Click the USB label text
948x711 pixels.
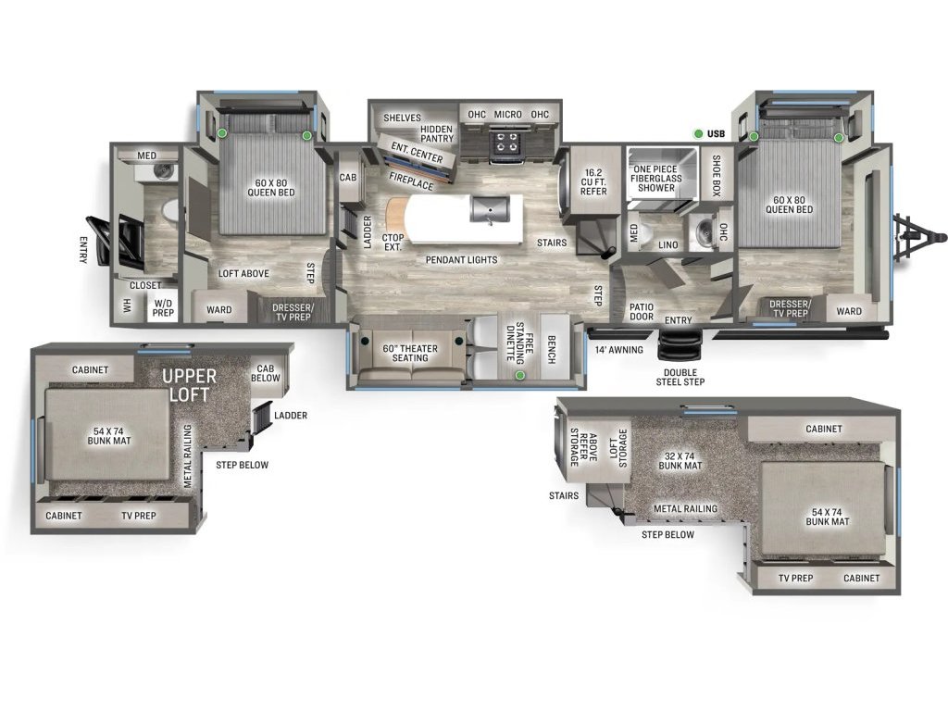716,134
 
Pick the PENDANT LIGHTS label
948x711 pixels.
462,260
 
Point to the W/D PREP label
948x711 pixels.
163,307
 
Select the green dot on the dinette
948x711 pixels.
520,376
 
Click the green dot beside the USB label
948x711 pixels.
698,134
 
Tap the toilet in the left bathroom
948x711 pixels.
171,210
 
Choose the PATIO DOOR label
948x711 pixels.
642,311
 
